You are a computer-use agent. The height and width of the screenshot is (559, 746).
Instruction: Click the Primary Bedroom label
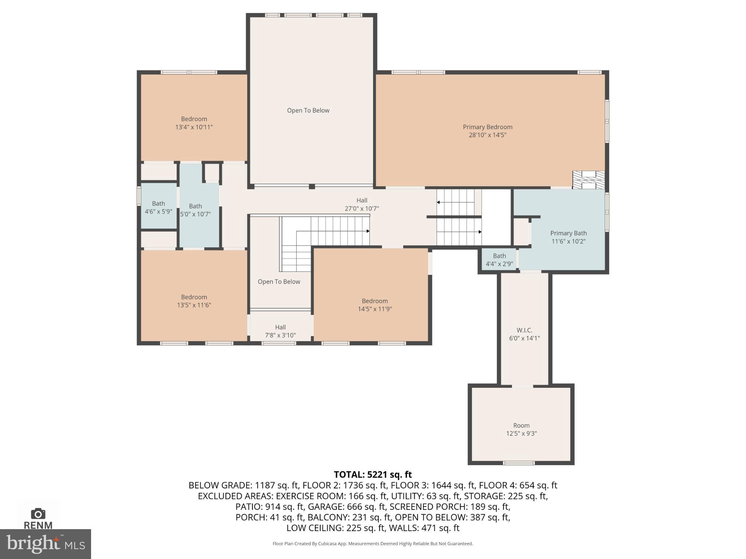[487, 127]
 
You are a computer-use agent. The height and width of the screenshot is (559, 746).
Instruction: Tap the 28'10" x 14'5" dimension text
[487, 135]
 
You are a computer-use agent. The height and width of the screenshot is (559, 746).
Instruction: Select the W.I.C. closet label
[524, 330]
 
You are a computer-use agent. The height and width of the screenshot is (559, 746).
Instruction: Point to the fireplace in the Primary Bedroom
[588, 180]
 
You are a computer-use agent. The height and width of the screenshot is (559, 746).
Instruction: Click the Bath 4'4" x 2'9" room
[499, 259]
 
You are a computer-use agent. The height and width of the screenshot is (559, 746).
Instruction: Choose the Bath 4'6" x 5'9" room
[158, 207]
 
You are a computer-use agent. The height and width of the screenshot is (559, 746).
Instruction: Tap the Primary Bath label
[568, 233]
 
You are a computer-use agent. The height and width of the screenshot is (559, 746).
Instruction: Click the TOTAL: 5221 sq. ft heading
[373, 475]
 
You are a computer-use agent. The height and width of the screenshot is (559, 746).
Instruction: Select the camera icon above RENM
[38, 514]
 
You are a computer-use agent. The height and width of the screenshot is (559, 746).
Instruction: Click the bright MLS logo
[45, 544]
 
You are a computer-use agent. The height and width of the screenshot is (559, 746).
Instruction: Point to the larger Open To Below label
[308, 110]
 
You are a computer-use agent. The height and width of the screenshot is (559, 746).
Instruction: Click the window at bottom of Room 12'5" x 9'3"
[519, 463]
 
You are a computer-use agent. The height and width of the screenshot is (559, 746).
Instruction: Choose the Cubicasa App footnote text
[373, 544]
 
